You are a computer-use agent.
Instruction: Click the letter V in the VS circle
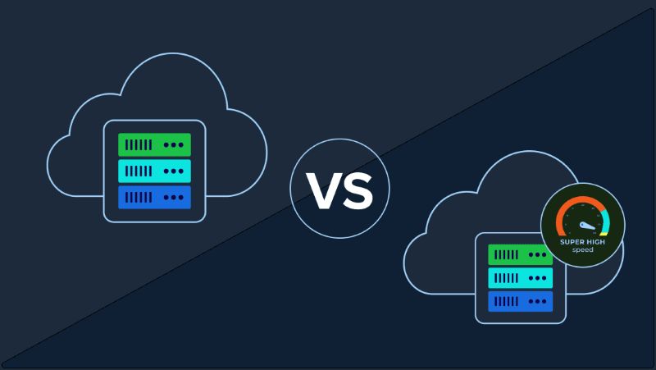[323, 191]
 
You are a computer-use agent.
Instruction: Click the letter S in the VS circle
[357, 191]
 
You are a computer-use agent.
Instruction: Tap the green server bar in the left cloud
[154, 145]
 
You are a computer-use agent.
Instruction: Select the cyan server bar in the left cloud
[154, 171]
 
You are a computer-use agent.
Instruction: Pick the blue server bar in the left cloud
[154, 197]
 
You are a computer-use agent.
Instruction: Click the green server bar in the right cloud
[520, 254]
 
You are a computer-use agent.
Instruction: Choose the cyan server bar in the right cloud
[520, 278]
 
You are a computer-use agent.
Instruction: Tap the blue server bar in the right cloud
[520, 301]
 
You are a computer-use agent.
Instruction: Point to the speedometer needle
[587, 226]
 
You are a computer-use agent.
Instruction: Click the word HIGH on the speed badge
[594, 242]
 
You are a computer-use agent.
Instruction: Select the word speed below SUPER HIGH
[583, 250]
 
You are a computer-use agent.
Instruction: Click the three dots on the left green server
[174, 145]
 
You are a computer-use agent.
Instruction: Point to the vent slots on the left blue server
[139, 197]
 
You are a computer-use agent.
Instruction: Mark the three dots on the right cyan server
[538, 278]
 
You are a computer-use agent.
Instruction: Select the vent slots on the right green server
[506, 254]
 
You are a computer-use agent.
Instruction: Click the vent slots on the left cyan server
[139, 171]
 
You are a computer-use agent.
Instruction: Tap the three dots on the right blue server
[538, 301]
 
